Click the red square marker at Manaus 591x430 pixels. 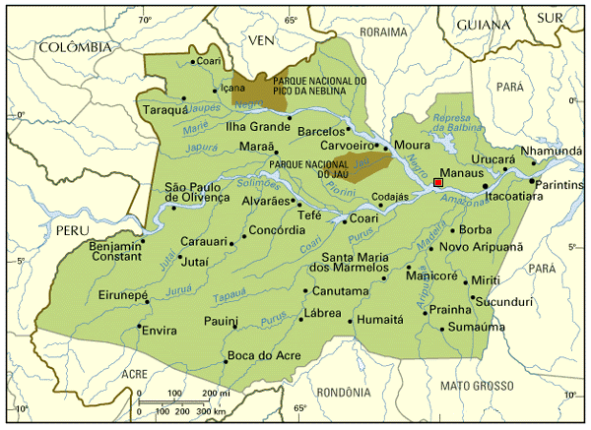[437, 182]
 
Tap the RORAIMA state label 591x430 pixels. [384, 31]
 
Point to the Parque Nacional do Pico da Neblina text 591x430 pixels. [313, 87]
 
